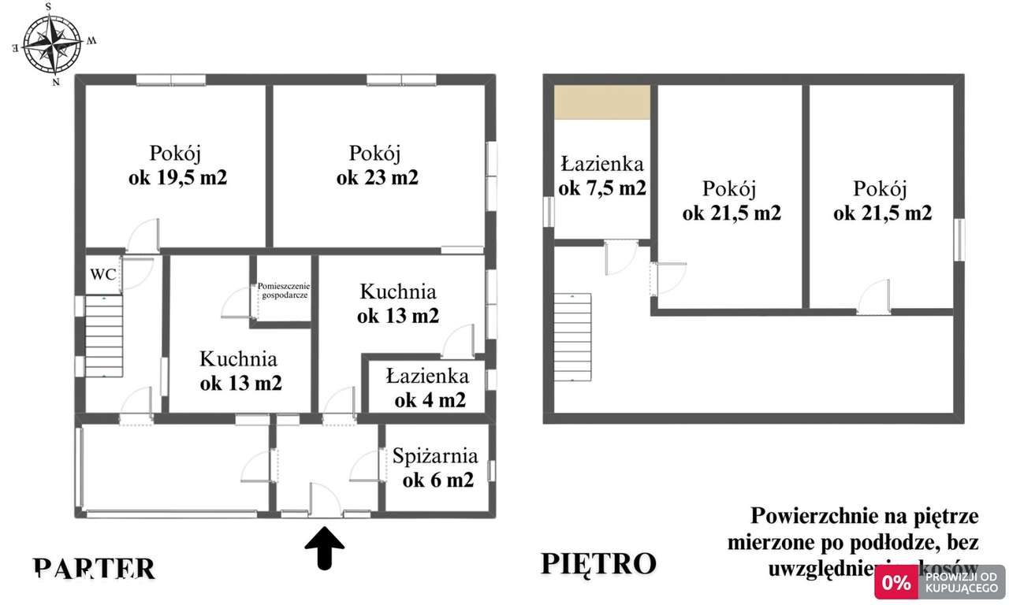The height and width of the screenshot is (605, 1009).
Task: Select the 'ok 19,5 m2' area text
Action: click(177, 177)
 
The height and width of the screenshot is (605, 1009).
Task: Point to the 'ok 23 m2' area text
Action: click(377, 177)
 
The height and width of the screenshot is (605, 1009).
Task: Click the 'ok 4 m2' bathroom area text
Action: click(430, 400)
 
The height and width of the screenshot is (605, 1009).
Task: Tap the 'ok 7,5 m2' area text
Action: click(602, 188)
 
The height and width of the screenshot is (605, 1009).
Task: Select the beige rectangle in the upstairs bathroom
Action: click(601, 102)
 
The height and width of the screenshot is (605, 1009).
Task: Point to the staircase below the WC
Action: click(104, 336)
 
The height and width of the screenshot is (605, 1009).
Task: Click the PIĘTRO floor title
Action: click(598, 564)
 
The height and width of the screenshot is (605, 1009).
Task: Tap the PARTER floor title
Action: click(94, 568)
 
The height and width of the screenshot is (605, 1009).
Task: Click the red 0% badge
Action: click(896, 583)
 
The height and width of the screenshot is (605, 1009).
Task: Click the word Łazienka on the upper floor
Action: click(602, 164)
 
